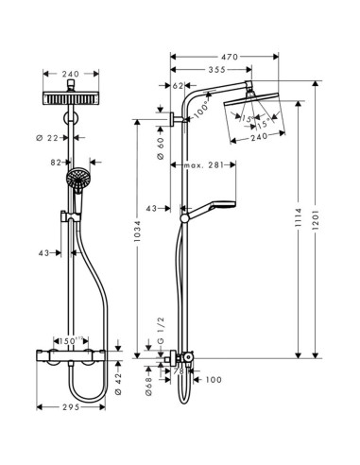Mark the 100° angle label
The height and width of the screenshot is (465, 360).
click(200, 112)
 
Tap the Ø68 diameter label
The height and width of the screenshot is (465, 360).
click(149, 382)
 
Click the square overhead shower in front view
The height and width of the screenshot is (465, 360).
click(69, 100)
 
